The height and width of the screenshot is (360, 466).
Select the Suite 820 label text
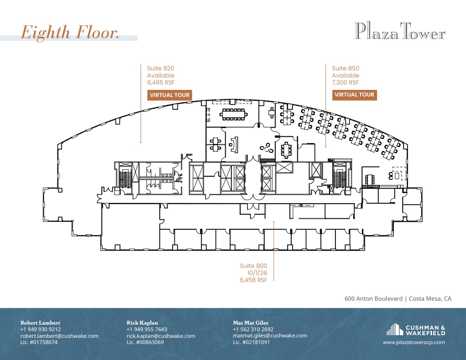161,68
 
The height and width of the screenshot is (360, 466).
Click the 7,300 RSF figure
345,82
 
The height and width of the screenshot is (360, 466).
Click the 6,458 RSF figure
254,280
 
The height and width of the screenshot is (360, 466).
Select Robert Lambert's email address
59,336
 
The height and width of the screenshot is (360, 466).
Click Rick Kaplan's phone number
147,329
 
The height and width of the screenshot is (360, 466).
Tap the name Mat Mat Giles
250,323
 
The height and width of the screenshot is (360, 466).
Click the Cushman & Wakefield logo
416,330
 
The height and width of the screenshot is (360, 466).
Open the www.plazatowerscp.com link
414,342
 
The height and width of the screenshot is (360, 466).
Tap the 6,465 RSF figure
161,82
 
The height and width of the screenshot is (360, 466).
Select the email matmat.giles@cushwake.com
270,336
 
